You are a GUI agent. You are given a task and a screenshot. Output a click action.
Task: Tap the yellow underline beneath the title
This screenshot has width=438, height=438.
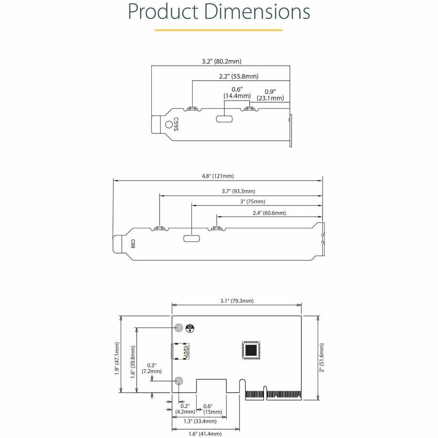[x=219, y=30]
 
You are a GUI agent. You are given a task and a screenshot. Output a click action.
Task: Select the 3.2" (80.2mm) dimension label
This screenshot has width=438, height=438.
[x=221, y=62]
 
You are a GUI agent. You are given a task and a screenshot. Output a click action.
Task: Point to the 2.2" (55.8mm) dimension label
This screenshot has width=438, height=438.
[x=238, y=76]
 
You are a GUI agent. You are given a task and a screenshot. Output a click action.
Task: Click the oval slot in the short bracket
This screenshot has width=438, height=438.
[x=224, y=119]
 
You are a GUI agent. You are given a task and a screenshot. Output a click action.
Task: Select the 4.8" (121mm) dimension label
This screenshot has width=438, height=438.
[x=218, y=176]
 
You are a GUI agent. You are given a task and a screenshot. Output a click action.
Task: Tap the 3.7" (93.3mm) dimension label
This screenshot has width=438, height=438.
[x=238, y=191]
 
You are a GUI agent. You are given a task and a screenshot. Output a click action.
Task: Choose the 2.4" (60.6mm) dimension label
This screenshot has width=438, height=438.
[x=269, y=213]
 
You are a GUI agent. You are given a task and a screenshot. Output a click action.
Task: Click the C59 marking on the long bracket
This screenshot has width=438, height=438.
[x=132, y=243]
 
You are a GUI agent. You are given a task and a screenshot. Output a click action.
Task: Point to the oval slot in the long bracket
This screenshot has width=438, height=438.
[x=191, y=238]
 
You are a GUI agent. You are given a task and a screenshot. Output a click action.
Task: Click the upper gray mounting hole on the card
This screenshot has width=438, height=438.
[x=179, y=328]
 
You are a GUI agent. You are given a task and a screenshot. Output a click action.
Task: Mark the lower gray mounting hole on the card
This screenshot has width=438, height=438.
[x=179, y=381]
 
